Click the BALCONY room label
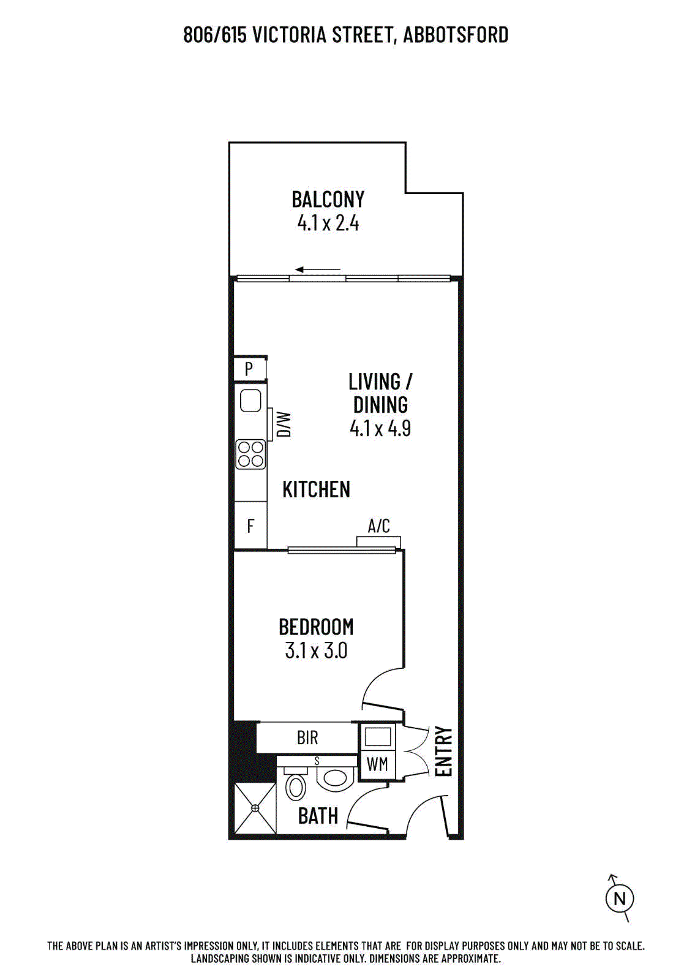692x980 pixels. [328, 200]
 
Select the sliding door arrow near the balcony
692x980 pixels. [318, 269]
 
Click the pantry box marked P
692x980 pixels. [250, 369]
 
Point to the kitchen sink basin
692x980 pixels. [250, 401]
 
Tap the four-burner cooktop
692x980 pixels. [250, 454]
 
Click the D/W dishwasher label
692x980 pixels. [284, 424]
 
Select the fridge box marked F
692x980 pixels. [250, 526]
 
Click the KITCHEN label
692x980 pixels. [316, 489]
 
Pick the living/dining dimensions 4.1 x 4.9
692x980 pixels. [380, 428]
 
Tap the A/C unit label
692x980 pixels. [379, 526]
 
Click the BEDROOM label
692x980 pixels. [316, 627]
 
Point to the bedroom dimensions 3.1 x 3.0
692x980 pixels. [316, 650]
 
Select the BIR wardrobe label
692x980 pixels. [307, 738]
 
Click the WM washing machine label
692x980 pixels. [377, 764]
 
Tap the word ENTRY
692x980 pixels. [444, 751]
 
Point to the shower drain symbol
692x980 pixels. [255, 808]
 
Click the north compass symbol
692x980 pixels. [619, 899]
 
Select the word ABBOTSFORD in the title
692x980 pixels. [456, 35]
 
